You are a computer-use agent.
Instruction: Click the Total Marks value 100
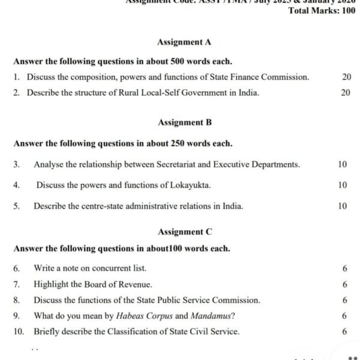click(348, 11)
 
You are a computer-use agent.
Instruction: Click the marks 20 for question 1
click(346, 77)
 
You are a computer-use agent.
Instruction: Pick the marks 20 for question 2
click(346, 93)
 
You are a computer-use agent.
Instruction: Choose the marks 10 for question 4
click(342, 185)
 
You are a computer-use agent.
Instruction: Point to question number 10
click(19, 332)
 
